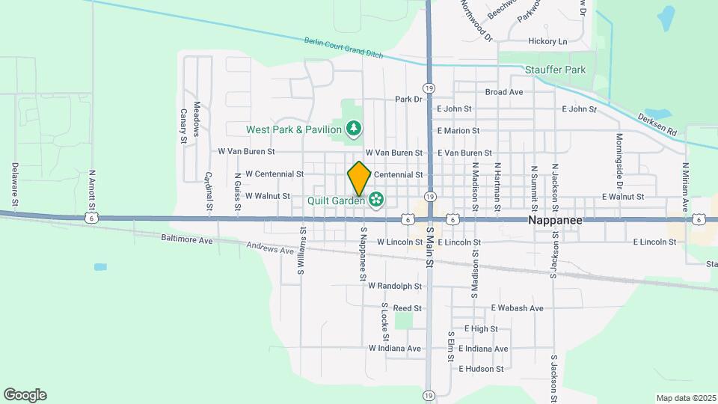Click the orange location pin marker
pos(359,178)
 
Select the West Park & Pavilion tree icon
pos(354,129)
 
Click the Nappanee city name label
pos(555,221)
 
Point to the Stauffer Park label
pos(555,70)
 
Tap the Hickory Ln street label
pos(547,41)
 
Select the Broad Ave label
pos(504,92)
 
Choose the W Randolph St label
pos(395,287)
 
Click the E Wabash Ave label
pos(517,308)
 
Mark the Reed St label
pos(408,308)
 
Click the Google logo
pos(25,395)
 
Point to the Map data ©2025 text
pos(686,398)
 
